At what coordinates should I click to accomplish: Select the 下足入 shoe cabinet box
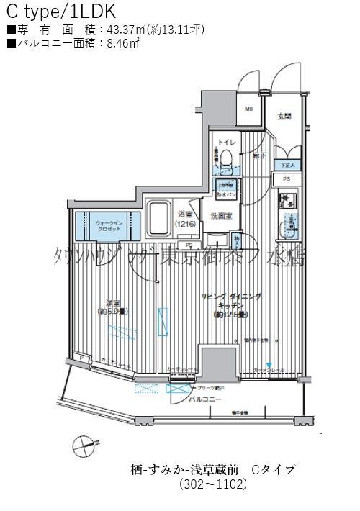tap(287, 166)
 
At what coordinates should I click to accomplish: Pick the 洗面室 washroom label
tap(220, 215)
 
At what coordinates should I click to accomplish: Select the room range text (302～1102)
tap(213, 484)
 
